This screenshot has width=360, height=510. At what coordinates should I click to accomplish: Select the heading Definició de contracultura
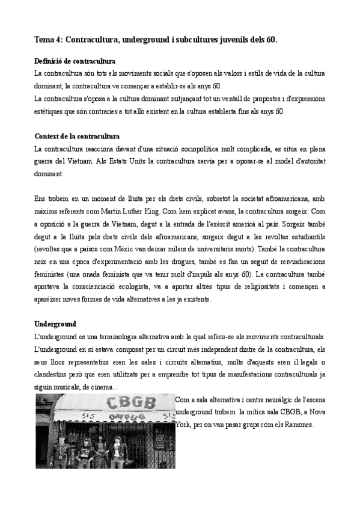pyautogui.click(x=75, y=61)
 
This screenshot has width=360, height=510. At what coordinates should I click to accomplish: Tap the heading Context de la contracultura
pyautogui.click(x=77, y=137)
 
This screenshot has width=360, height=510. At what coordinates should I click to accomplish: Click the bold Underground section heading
pyautogui.click(x=55, y=324)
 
